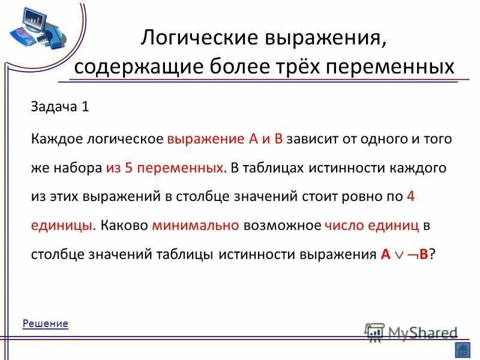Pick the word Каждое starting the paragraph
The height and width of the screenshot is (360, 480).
(56, 139)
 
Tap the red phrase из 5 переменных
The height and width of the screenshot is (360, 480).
(164, 167)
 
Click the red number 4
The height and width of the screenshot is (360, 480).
(410, 196)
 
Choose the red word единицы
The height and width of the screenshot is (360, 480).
(62, 225)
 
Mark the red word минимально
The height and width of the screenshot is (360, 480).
(196, 225)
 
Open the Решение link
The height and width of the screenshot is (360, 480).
(46, 323)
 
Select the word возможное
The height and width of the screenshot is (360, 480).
(282, 225)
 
